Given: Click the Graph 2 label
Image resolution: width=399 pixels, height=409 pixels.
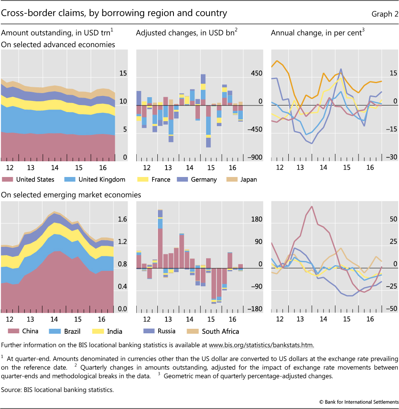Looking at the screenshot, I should [x=385, y=14].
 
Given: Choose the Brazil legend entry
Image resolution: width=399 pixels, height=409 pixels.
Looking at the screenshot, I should [x=72, y=331].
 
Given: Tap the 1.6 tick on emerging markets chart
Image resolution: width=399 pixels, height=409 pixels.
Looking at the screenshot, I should [x=123, y=220].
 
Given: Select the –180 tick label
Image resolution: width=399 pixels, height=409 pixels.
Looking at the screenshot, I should [x=255, y=309].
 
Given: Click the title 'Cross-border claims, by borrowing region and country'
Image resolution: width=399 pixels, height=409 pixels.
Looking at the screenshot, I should [x=114, y=13].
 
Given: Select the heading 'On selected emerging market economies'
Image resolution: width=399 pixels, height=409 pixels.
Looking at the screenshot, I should [x=71, y=194].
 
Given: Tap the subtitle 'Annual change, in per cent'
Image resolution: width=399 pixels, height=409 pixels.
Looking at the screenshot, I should [x=317, y=33].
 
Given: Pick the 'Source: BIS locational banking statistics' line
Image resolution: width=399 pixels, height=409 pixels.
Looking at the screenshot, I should [x=57, y=389].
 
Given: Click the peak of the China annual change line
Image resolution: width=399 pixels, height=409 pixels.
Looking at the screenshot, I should [x=311, y=206].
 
